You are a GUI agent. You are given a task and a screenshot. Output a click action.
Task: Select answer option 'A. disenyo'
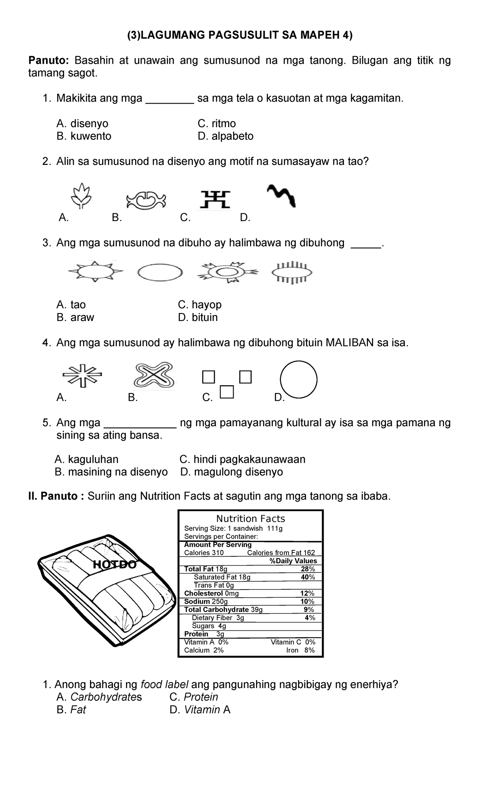(82, 123)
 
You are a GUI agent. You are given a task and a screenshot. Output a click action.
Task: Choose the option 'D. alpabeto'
(226, 136)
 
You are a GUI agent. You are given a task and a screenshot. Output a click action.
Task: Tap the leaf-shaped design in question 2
(81, 195)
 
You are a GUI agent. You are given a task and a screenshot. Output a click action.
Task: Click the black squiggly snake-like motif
(282, 195)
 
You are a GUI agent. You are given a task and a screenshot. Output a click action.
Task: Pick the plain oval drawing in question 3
(160, 272)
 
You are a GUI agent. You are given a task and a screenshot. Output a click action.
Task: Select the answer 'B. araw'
(75, 317)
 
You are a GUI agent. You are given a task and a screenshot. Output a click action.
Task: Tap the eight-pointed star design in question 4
(82, 376)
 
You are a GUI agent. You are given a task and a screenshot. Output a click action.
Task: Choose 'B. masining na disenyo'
(111, 472)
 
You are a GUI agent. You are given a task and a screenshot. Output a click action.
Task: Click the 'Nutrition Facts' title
(250, 519)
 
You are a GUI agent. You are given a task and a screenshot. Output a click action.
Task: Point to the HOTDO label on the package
(115, 565)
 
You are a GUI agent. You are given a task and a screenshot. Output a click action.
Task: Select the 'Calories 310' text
(204, 553)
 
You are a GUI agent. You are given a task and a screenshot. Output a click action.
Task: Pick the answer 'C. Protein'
(194, 697)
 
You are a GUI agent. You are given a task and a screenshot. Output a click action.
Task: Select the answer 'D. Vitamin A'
(200, 710)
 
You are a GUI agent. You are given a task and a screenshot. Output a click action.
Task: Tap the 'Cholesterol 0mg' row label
(211, 593)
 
